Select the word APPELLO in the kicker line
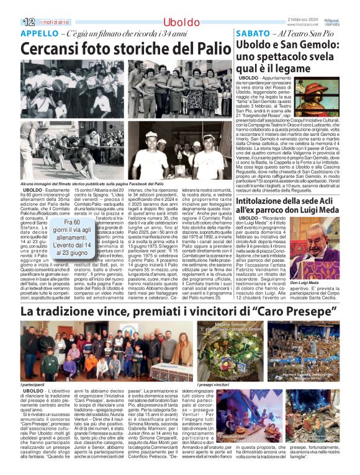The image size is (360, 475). coord(38,33)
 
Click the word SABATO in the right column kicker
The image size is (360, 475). coord(251,33)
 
